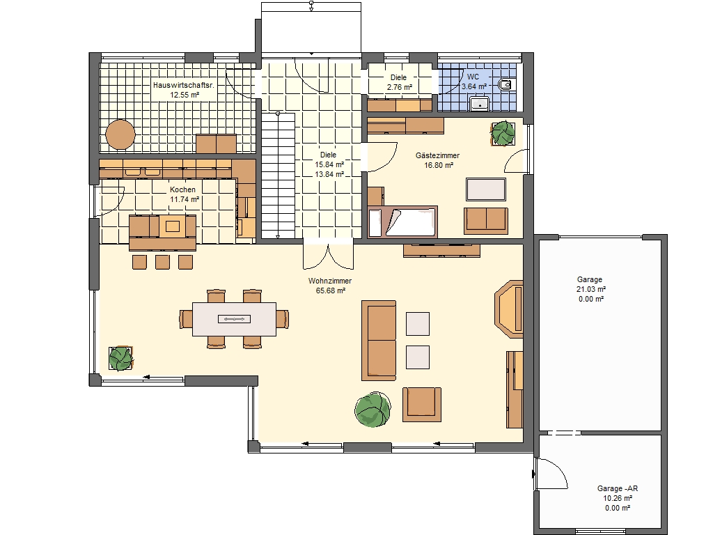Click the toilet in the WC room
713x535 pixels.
(x=505, y=84)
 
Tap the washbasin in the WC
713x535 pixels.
(x=479, y=104)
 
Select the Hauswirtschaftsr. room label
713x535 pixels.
(x=183, y=85)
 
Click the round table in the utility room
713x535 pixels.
(x=120, y=134)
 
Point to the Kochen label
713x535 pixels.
(x=183, y=189)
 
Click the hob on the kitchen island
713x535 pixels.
(x=173, y=226)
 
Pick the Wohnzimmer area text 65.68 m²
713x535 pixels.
(x=331, y=290)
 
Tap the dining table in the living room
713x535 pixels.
(x=234, y=319)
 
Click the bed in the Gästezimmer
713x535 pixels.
(x=402, y=222)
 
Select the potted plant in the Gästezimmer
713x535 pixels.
(x=503, y=133)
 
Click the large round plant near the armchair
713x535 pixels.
(x=373, y=410)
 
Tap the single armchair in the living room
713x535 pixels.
(x=421, y=405)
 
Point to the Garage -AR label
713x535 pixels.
(x=618, y=488)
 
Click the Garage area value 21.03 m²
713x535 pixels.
(x=591, y=289)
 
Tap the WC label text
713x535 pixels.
(x=473, y=77)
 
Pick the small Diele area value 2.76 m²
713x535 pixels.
(x=400, y=87)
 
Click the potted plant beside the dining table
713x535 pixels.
(x=121, y=359)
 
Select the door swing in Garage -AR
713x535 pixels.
(x=551, y=474)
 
